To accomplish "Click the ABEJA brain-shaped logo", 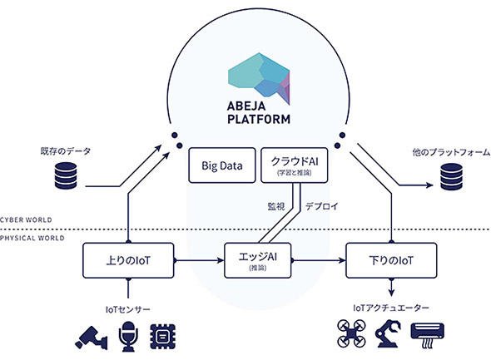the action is [259, 78].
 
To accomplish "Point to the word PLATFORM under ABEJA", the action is [259, 119].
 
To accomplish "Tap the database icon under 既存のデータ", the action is [66, 175].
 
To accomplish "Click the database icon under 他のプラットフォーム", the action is [452, 177].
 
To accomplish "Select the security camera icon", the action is [91, 338].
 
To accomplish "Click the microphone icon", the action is [128, 337].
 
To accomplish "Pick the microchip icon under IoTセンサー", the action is [163, 337].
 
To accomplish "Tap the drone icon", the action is [352, 333].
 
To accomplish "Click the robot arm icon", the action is [388, 333].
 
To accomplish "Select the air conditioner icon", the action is [428, 335].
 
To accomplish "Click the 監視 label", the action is [276, 206].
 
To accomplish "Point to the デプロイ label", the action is [322, 206].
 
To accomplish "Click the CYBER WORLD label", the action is [26, 219].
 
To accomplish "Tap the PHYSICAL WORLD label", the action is [32, 238].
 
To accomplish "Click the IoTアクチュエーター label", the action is [391, 308].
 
